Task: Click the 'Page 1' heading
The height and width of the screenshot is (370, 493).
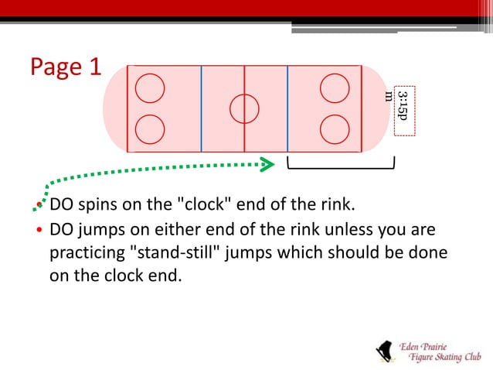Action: point(66,67)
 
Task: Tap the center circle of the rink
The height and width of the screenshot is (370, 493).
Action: point(244,108)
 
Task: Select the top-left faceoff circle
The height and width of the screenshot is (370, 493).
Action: point(149,88)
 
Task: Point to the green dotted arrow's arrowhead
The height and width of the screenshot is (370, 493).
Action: point(267,163)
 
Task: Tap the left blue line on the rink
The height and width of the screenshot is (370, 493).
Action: point(201,108)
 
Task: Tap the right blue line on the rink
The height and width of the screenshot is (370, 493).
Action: point(287,108)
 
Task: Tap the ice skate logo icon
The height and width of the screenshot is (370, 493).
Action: point(383,350)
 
